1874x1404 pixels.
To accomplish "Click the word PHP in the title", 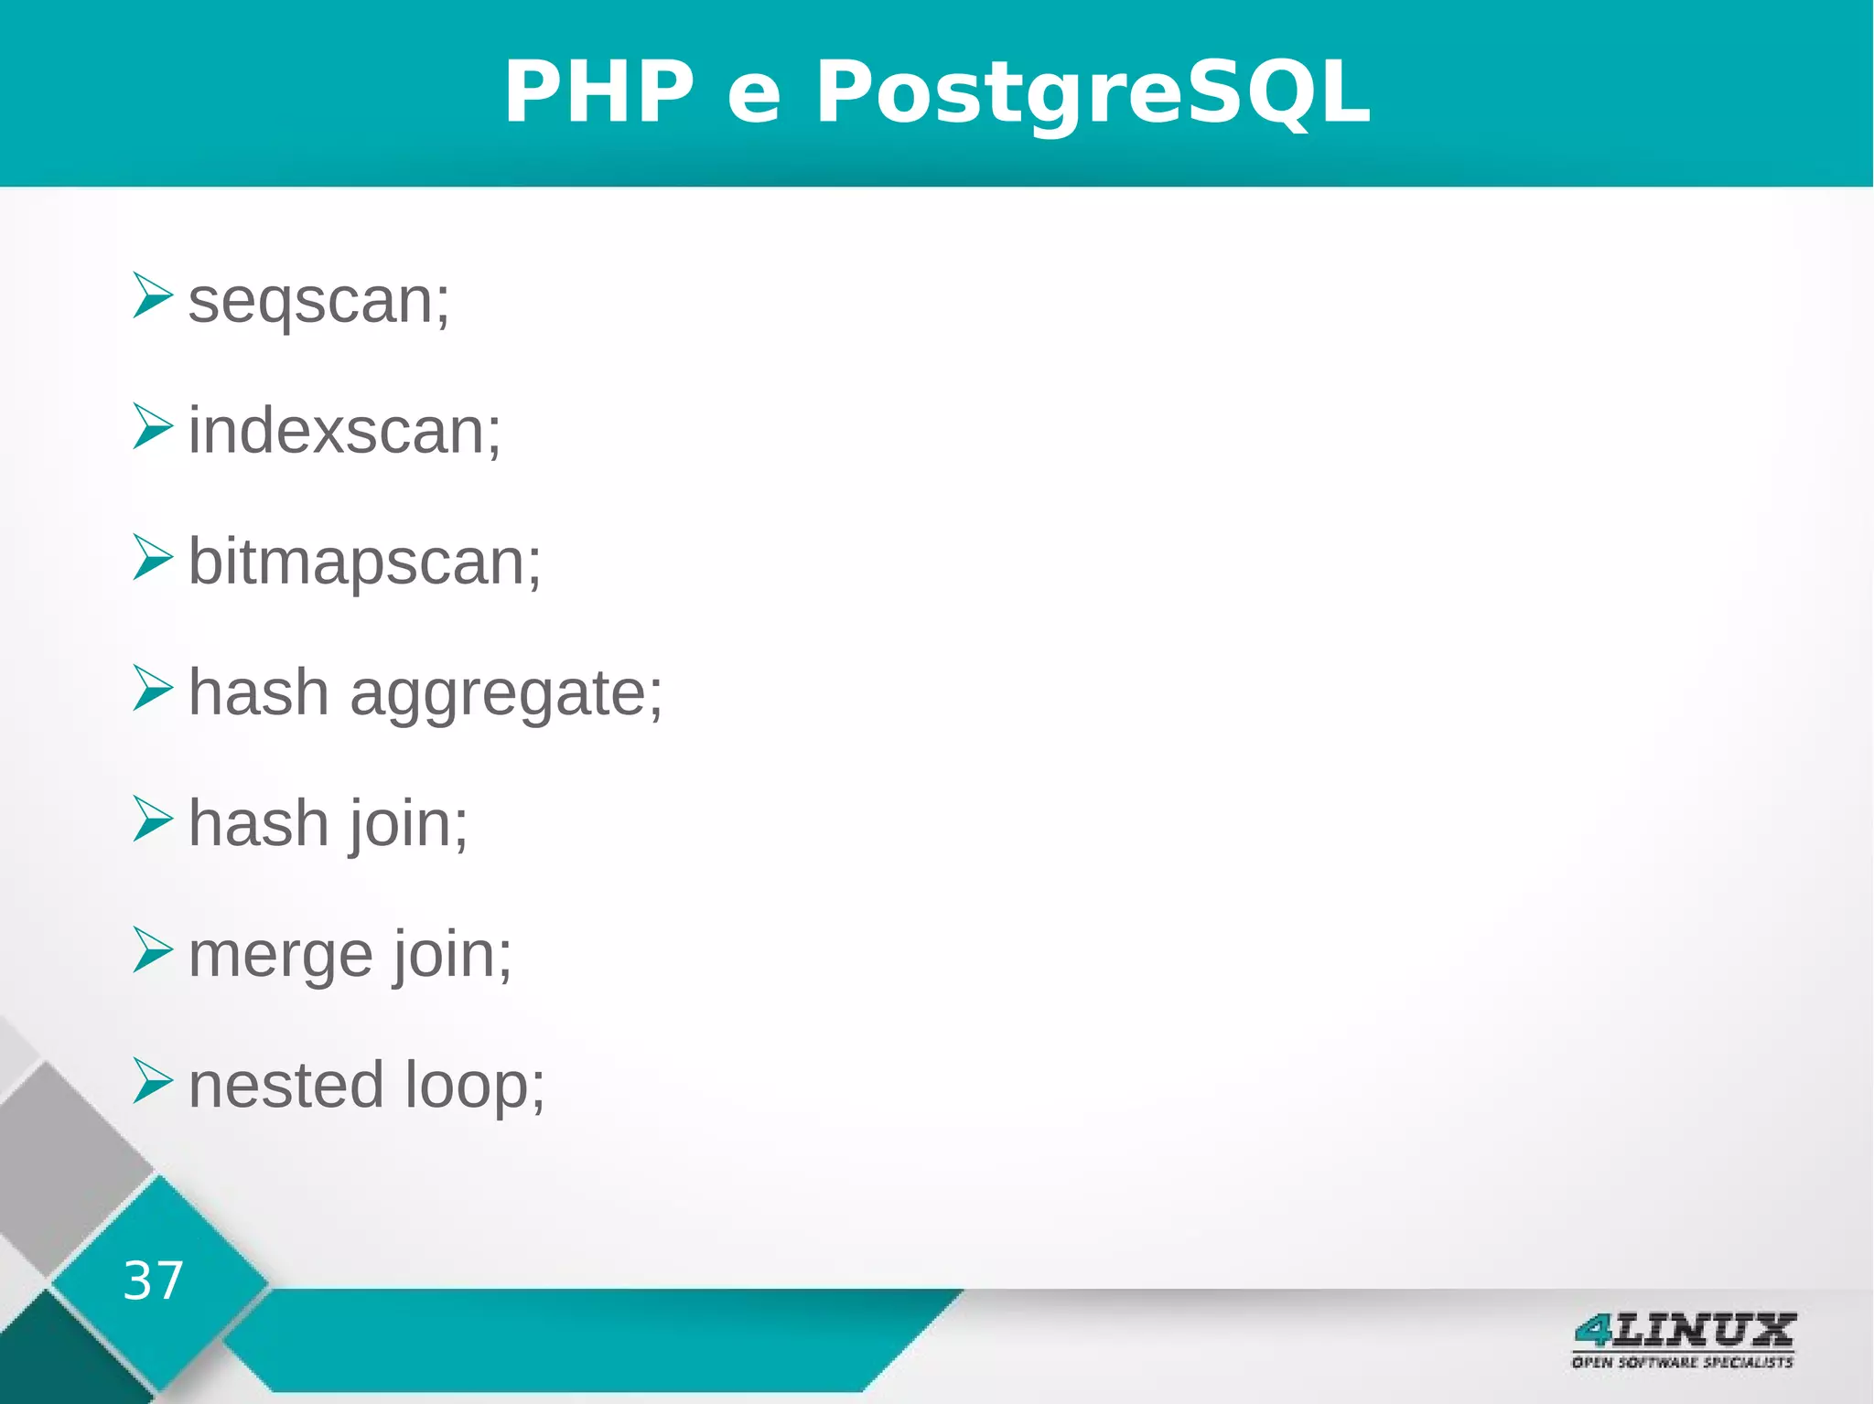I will tap(599, 91).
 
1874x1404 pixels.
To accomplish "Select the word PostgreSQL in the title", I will tap(1093, 91).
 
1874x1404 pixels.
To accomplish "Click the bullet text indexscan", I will tap(344, 431).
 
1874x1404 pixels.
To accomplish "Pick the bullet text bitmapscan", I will tap(364, 562).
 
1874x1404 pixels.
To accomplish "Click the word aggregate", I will tap(505, 693).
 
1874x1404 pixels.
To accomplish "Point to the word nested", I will tap(285, 1086).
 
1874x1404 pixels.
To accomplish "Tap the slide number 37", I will tap(153, 1281).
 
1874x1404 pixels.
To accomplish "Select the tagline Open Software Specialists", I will tap(1682, 1363).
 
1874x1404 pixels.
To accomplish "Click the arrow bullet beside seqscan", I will tap(151, 295).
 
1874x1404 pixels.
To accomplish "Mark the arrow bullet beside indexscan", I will tap(151, 426).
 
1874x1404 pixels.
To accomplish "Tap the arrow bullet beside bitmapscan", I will tap(151, 557).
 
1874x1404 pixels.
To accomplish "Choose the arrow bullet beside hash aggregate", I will tap(151, 688).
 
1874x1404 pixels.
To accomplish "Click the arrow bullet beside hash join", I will tap(151, 819).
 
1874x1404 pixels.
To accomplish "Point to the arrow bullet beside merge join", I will tap(151, 949).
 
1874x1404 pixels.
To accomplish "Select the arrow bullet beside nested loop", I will tap(151, 1080).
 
